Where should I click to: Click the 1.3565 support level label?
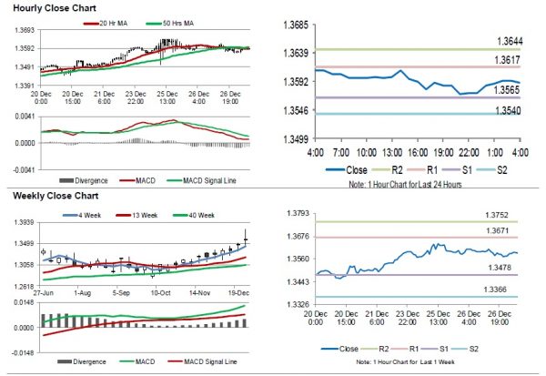508,89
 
